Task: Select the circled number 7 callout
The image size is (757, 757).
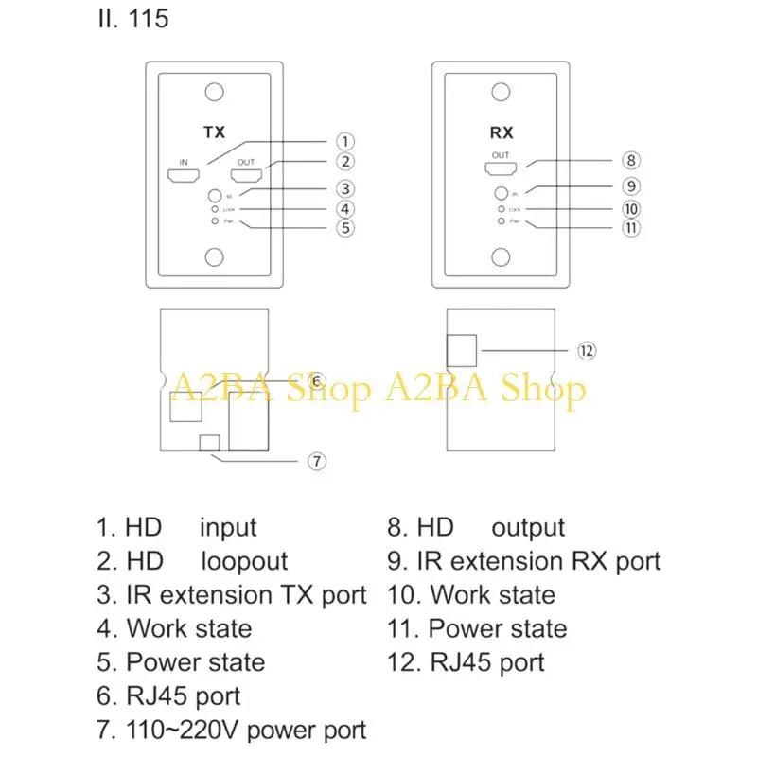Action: click(317, 462)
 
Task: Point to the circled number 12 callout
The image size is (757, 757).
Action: click(586, 350)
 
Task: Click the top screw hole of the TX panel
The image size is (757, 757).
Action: click(215, 93)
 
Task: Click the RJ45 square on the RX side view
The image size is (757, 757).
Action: click(464, 349)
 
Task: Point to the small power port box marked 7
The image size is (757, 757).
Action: click(210, 442)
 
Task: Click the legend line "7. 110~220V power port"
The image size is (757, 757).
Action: click(231, 730)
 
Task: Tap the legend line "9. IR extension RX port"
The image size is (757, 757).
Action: click(523, 561)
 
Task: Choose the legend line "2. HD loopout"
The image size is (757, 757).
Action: click(192, 561)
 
